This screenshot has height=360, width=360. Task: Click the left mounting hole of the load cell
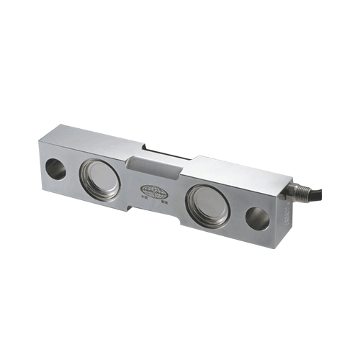coord(55,168)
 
